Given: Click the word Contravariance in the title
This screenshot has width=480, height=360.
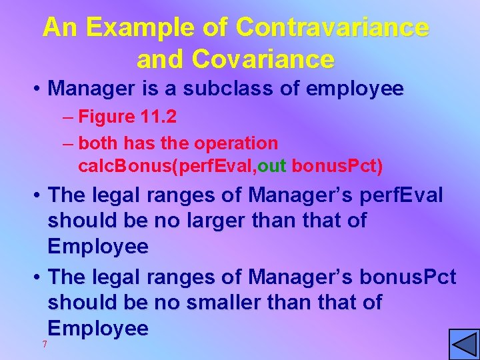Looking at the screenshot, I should (332, 28).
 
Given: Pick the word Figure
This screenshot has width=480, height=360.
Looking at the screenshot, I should (107, 117).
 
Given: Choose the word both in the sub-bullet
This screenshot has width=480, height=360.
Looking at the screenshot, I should (96, 143).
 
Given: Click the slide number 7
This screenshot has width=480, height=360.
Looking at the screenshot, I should (45, 344).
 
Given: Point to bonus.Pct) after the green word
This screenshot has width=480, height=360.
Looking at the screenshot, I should (335, 165).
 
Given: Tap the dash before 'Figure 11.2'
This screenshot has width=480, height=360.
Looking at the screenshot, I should (69, 117).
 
